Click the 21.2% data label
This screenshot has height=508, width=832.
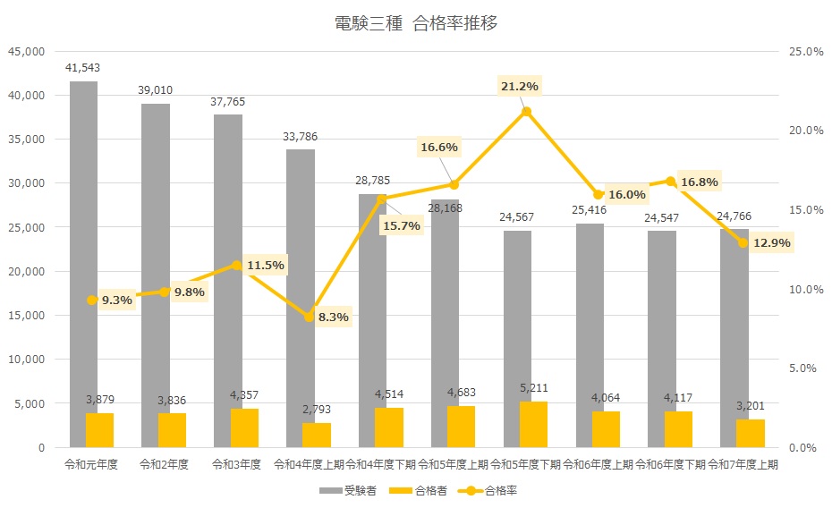point(520,86)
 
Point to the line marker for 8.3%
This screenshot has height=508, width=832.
point(310,317)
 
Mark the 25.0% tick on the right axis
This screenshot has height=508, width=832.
point(805,52)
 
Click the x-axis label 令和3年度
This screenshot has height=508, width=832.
point(237,464)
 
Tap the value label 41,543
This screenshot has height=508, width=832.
point(83,68)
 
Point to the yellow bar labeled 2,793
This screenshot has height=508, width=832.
point(317,435)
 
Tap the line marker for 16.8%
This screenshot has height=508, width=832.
point(671,182)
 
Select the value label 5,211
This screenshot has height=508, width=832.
point(533,388)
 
